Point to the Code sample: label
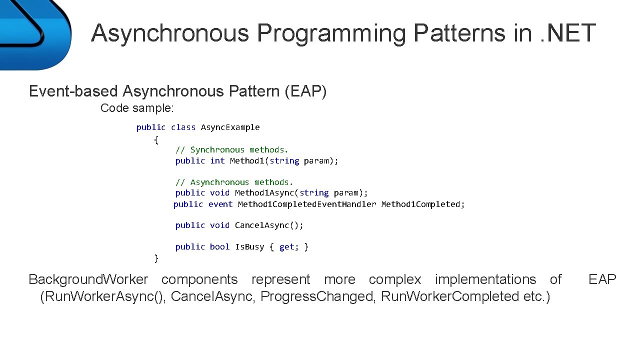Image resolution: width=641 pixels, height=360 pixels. click(137, 108)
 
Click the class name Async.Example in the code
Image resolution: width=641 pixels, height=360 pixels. click(230, 127)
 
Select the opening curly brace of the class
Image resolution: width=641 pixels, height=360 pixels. click(156, 139)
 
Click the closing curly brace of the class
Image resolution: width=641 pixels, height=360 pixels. click(156, 258)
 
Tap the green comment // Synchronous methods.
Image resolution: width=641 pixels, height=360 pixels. click(232, 149)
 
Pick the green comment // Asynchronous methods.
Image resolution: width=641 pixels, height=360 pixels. click(234, 182)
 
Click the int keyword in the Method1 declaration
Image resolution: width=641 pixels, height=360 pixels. click(217, 161)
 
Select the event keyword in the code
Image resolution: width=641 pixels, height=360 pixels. click(220, 204)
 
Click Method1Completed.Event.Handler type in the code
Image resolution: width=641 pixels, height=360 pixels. click(307, 204)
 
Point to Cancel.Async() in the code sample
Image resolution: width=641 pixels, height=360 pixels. click(269, 225)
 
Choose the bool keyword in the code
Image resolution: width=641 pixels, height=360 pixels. click(219, 247)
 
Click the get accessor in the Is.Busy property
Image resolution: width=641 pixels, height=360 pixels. click(286, 247)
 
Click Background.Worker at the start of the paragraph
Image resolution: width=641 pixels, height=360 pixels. click(88, 279)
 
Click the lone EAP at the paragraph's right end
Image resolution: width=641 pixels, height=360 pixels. click(602, 279)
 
